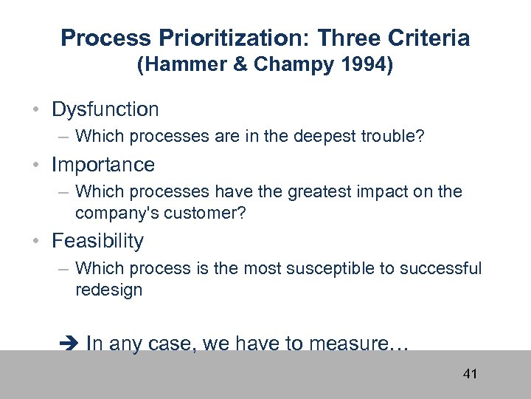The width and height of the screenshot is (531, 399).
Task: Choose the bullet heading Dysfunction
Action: click(105, 109)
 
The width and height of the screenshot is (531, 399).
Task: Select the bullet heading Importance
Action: click(103, 164)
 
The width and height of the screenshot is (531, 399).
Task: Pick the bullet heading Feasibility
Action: click(97, 241)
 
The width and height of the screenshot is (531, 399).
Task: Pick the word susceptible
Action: click(332, 268)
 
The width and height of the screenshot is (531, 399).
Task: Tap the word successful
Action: click(440, 268)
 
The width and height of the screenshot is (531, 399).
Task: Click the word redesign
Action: click(108, 290)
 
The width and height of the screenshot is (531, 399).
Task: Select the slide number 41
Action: click(470, 374)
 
